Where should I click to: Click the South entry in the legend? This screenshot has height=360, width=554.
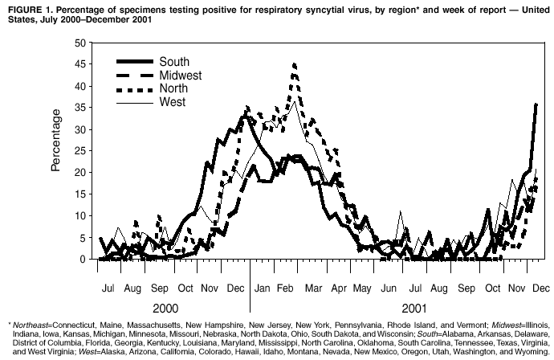point(173,62)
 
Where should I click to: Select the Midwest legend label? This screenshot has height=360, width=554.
point(181,76)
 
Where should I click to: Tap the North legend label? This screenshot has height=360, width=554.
point(173,88)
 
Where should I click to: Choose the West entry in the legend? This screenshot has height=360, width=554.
point(173,102)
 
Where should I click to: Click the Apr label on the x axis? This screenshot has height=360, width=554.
point(339,287)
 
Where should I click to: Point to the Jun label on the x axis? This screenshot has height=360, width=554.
point(390,287)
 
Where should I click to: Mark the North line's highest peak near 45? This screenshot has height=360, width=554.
point(295,63)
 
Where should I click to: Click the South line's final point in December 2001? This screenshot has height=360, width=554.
point(536,104)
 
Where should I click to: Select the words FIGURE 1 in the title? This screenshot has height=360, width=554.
point(28,9)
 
